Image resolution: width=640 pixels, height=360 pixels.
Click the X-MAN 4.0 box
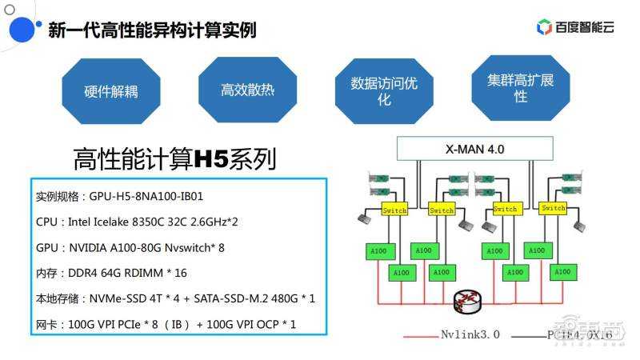[474, 149]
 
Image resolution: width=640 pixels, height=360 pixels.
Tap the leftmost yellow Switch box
[394, 210]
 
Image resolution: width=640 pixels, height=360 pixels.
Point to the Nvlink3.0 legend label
[470, 334]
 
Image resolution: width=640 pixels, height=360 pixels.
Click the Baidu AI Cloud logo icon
[544, 27]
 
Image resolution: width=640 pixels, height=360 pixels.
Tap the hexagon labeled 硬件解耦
[110, 90]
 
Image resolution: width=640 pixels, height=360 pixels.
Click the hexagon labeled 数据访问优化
[384, 90]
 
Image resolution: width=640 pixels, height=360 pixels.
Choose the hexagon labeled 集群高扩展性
[520, 87]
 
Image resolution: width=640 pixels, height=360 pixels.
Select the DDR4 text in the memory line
[82, 273]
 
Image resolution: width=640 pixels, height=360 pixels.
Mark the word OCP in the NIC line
[264, 324]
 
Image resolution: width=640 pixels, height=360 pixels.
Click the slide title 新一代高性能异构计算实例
[152, 30]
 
